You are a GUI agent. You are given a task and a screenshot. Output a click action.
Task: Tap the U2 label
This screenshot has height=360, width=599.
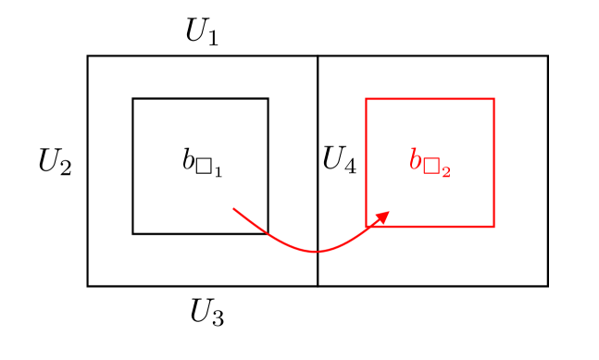55,163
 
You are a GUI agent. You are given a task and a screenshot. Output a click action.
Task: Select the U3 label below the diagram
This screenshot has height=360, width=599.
206,313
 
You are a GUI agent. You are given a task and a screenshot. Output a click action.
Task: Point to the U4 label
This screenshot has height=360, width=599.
339,161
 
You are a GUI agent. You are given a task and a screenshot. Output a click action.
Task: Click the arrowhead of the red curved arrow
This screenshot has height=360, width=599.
384,215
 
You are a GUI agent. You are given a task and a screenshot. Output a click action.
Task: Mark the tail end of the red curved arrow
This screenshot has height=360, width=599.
233,209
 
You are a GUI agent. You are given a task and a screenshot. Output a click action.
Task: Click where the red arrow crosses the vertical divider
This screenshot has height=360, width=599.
318,251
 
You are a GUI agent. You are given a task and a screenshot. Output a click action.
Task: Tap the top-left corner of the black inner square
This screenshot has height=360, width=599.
133,99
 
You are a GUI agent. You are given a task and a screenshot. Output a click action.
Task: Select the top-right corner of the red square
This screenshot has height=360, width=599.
493,99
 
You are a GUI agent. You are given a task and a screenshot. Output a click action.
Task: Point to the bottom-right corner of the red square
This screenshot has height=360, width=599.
493,226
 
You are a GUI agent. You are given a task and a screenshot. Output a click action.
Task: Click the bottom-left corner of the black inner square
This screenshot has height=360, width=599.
133,233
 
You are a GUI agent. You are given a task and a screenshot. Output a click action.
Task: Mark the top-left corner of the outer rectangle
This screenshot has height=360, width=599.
88,56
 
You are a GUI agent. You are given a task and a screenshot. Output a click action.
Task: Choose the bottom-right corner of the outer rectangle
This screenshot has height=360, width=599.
547,285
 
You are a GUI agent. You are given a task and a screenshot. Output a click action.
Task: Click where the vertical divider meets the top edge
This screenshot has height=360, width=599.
318,56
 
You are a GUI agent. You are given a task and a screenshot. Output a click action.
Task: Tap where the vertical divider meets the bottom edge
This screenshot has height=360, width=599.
318,285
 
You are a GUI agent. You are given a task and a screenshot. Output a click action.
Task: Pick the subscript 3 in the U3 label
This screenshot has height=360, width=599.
217,318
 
